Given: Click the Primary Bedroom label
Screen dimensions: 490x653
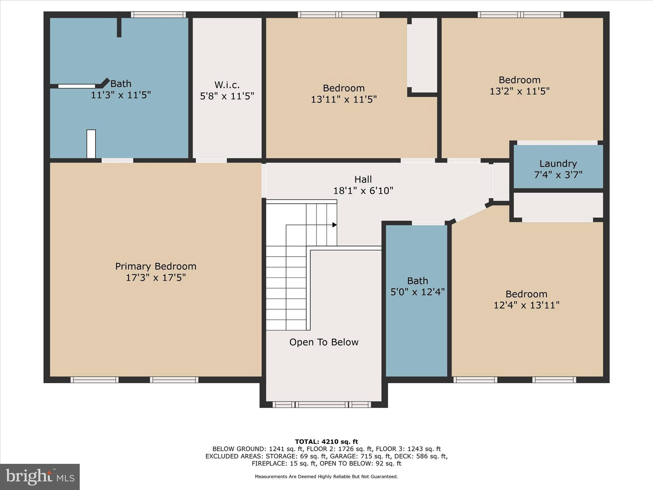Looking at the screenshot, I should (x=156, y=266).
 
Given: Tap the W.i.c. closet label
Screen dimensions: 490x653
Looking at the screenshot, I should (x=227, y=85).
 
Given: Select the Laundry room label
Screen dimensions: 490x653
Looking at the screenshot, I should (x=558, y=164).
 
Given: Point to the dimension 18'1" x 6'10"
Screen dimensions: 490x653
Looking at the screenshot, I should (x=363, y=191).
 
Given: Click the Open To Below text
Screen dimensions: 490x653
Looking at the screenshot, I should (x=324, y=342).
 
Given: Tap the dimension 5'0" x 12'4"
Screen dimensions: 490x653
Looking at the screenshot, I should (x=417, y=292).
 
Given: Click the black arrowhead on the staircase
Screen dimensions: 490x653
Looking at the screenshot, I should (x=334, y=225).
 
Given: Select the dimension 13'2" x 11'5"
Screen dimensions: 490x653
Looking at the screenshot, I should (x=519, y=91).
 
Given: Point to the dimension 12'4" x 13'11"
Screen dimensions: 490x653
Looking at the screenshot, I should (x=526, y=305).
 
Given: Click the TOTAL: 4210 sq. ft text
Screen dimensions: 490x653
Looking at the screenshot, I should (x=326, y=442).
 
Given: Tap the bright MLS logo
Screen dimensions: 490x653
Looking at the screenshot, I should (x=40, y=477).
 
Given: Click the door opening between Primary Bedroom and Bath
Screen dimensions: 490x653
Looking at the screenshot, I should (x=117, y=160).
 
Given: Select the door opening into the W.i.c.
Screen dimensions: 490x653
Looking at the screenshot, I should (x=211, y=160).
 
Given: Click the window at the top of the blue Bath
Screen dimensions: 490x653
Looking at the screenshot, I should (x=158, y=15).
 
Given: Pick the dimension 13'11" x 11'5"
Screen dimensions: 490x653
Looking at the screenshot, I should (x=344, y=100).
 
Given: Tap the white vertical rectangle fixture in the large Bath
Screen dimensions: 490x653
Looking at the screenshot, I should (x=91, y=144).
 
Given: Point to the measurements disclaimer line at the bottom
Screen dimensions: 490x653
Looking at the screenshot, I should (x=326, y=477).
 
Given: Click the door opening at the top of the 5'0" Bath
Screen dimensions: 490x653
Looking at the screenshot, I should (x=428, y=223).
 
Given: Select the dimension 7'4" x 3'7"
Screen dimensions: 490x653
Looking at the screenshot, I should (x=558, y=175).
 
